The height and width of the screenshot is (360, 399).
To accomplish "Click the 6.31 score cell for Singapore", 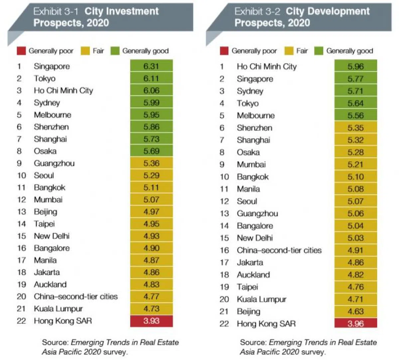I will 151,66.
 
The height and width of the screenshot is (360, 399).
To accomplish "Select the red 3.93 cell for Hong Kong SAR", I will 151,321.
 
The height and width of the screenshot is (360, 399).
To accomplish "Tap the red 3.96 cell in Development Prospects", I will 355,323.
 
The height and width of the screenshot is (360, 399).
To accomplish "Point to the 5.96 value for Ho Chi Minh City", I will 355,66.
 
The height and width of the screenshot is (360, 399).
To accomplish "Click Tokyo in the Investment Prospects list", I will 45,78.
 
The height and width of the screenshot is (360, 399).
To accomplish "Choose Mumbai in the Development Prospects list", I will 251,164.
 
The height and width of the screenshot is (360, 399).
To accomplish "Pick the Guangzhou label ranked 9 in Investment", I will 54,163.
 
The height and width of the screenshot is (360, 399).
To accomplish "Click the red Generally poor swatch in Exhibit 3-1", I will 21,51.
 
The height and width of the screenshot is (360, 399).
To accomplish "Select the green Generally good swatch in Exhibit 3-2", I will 319,51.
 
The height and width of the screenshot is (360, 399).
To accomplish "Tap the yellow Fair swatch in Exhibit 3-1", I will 86,51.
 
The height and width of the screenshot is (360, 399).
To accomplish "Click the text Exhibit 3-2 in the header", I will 257,11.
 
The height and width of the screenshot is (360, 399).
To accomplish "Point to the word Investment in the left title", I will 121,11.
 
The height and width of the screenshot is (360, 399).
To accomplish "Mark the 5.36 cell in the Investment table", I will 151,163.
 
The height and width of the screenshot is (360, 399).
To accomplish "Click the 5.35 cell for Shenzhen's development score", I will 355,128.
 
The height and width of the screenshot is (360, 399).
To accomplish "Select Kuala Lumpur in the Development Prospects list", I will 261,299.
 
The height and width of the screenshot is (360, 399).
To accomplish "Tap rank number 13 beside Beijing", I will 22,212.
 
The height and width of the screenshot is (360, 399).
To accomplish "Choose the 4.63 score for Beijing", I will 355,312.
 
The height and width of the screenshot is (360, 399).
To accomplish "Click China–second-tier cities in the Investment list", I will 75,296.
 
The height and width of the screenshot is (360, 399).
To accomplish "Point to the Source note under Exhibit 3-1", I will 110,347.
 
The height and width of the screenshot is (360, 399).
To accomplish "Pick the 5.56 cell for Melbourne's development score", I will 355,116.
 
